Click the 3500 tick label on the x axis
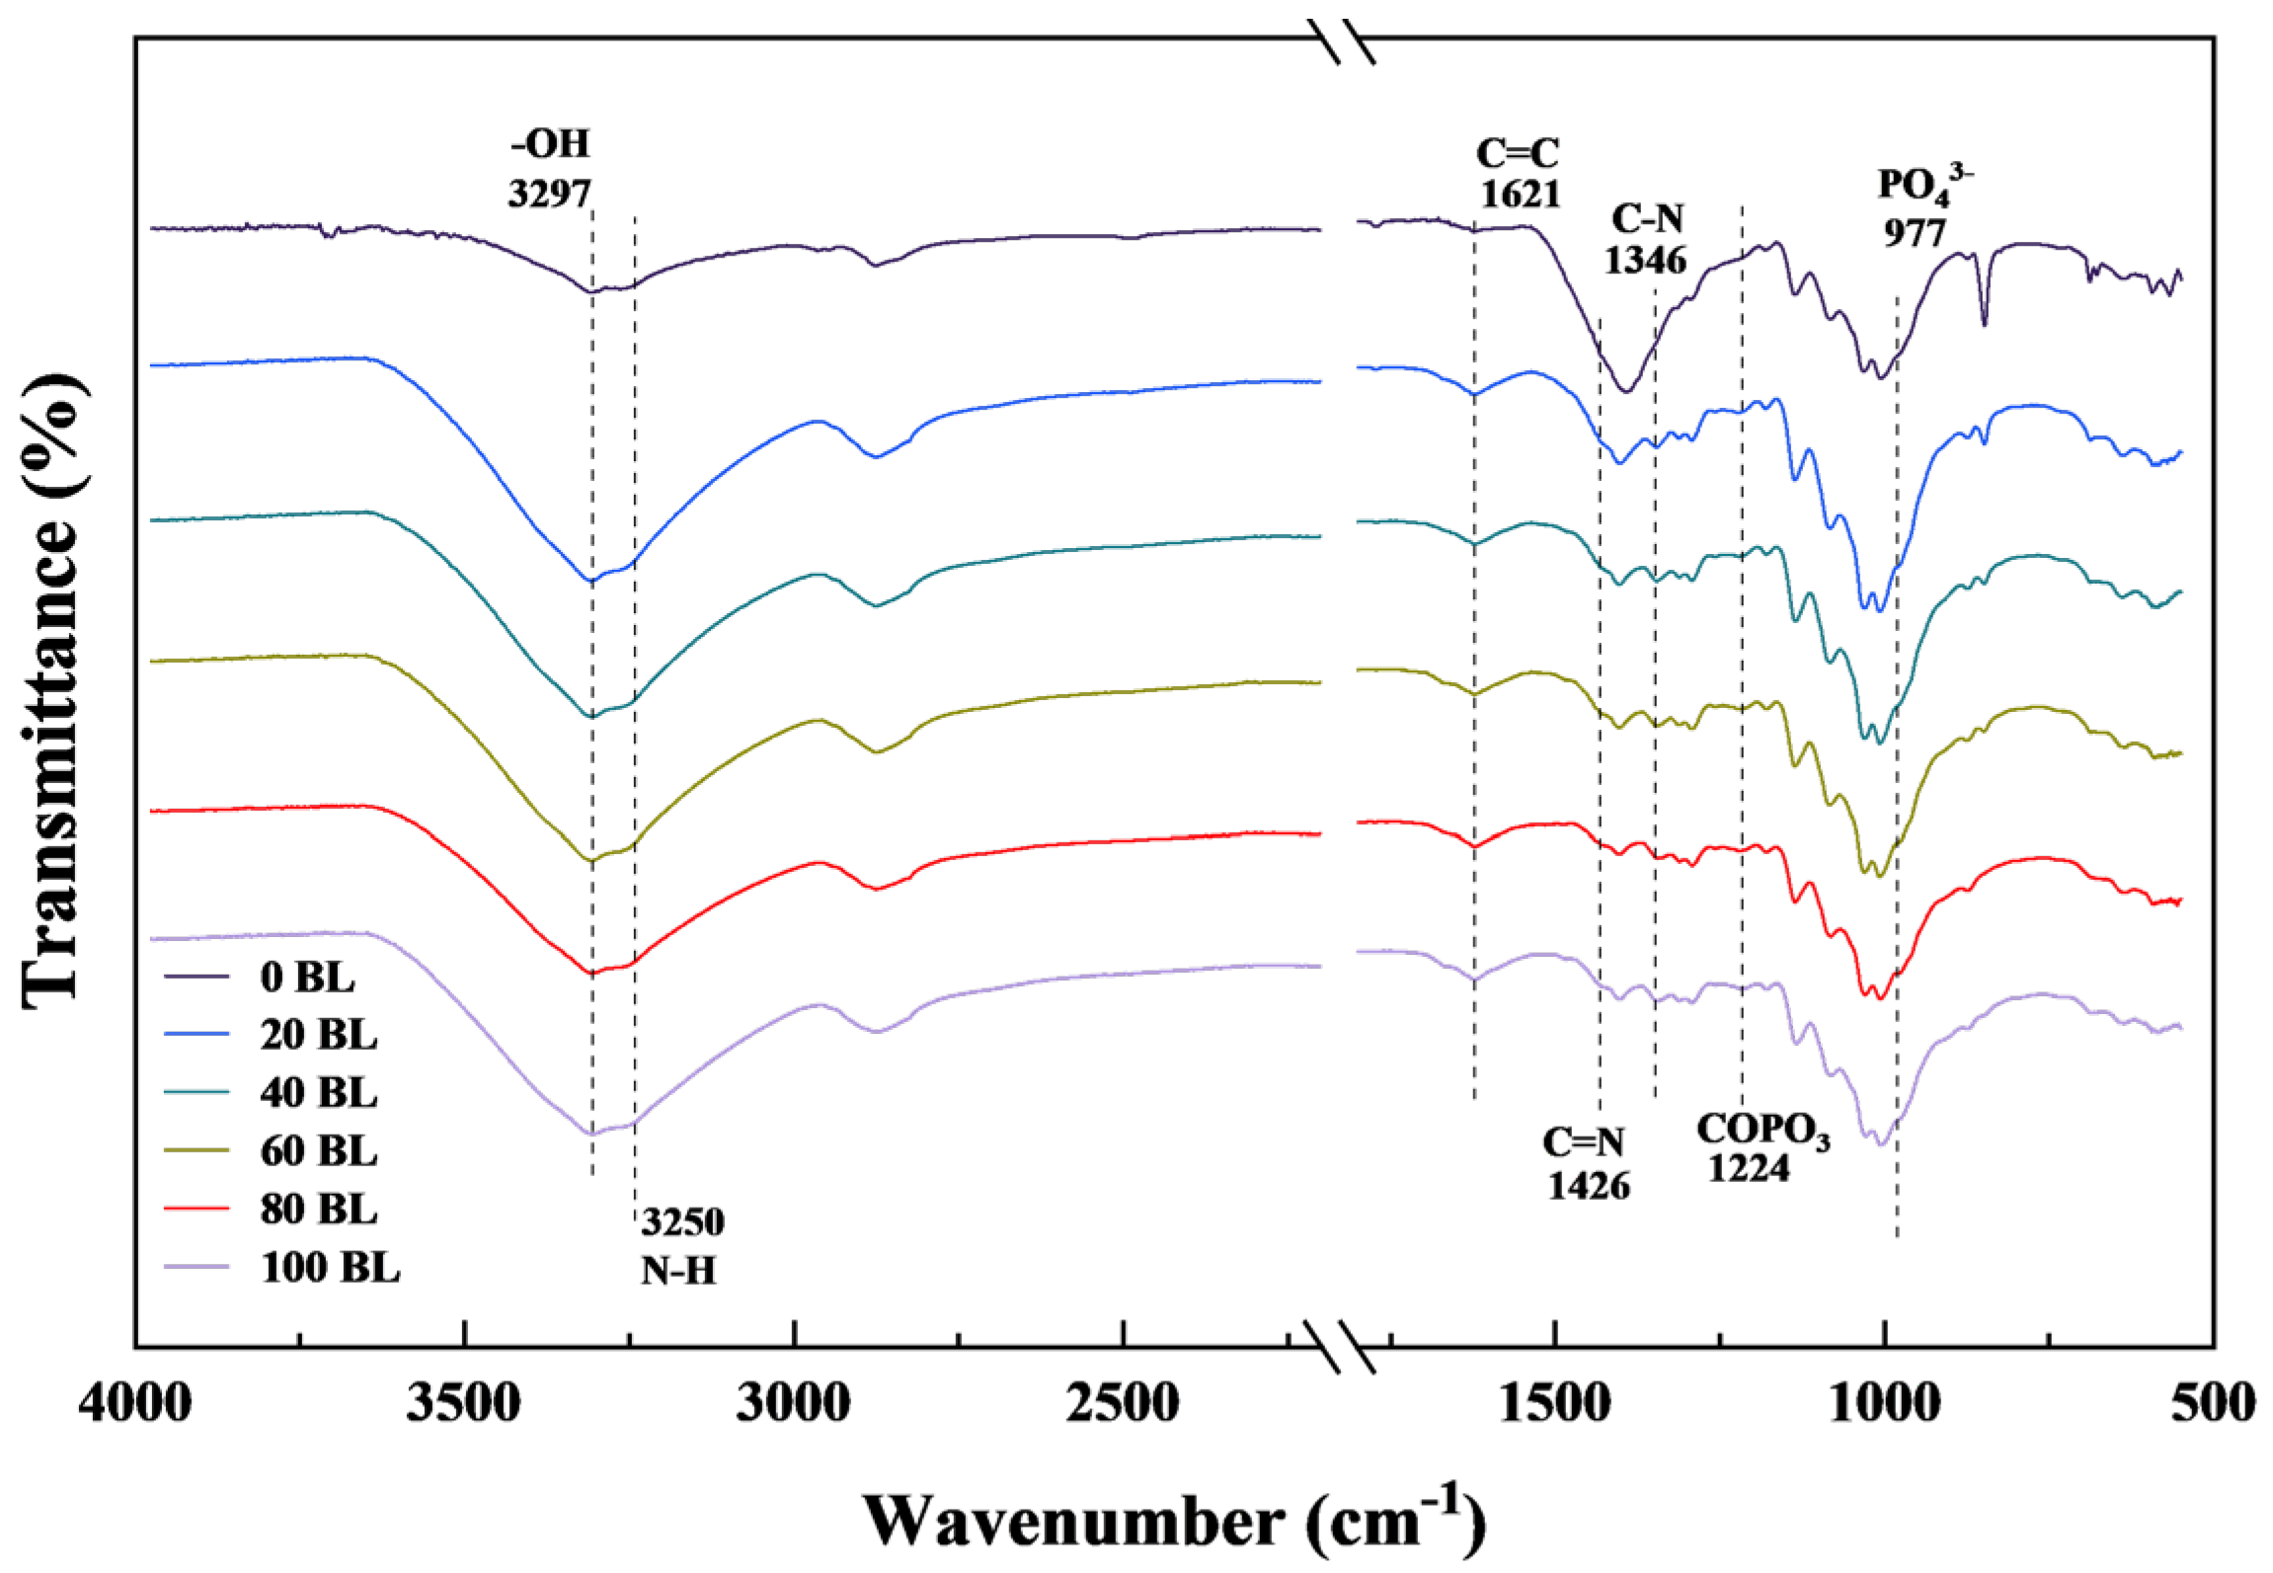point(463,1402)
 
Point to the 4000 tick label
point(135,1402)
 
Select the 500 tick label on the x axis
point(2213,1402)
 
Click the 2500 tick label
point(1122,1402)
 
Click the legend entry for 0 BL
point(306,977)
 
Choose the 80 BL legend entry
point(318,1209)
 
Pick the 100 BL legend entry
point(330,1267)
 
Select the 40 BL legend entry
point(318,1093)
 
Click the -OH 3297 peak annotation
point(550,169)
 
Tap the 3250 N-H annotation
point(681,1245)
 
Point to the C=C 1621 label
point(1519,174)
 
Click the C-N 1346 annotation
point(1646,239)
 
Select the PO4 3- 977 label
point(1920,208)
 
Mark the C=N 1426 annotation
point(1587,1164)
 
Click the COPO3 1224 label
point(1761,1148)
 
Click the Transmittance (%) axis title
point(51,691)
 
